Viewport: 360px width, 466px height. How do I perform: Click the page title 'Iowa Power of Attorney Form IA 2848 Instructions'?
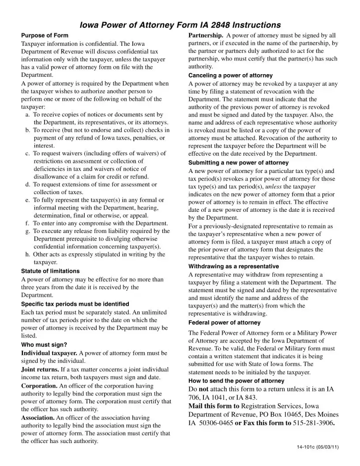pyautogui.click(x=180, y=25)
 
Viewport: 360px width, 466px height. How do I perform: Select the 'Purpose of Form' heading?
pyautogui.click(x=45, y=35)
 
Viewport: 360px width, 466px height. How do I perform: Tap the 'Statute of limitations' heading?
pyautogui.click(x=50, y=271)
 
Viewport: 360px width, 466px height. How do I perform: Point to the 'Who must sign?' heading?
pyautogui.click(x=44, y=345)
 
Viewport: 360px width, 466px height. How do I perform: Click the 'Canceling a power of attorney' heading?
pyautogui.click(x=230, y=75)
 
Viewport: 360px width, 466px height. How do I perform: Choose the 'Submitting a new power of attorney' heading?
pyautogui.click(x=238, y=163)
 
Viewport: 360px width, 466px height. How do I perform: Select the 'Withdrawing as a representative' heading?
pyautogui.click(x=233, y=267)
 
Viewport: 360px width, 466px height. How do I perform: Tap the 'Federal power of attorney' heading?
pyautogui.click(x=224, y=323)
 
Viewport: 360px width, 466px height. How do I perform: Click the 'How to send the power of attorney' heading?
pyautogui.click(x=236, y=381)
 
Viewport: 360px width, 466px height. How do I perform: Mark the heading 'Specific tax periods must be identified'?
pyautogui.click(x=75, y=304)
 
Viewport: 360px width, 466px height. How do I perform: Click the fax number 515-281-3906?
pyautogui.click(x=313, y=423)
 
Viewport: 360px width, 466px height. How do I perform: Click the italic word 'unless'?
pyautogui.click(x=273, y=187)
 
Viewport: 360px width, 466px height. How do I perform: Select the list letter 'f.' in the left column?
pyautogui.click(x=27, y=223)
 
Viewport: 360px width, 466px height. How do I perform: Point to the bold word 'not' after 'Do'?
pyautogui.click(x=203, y=389)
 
